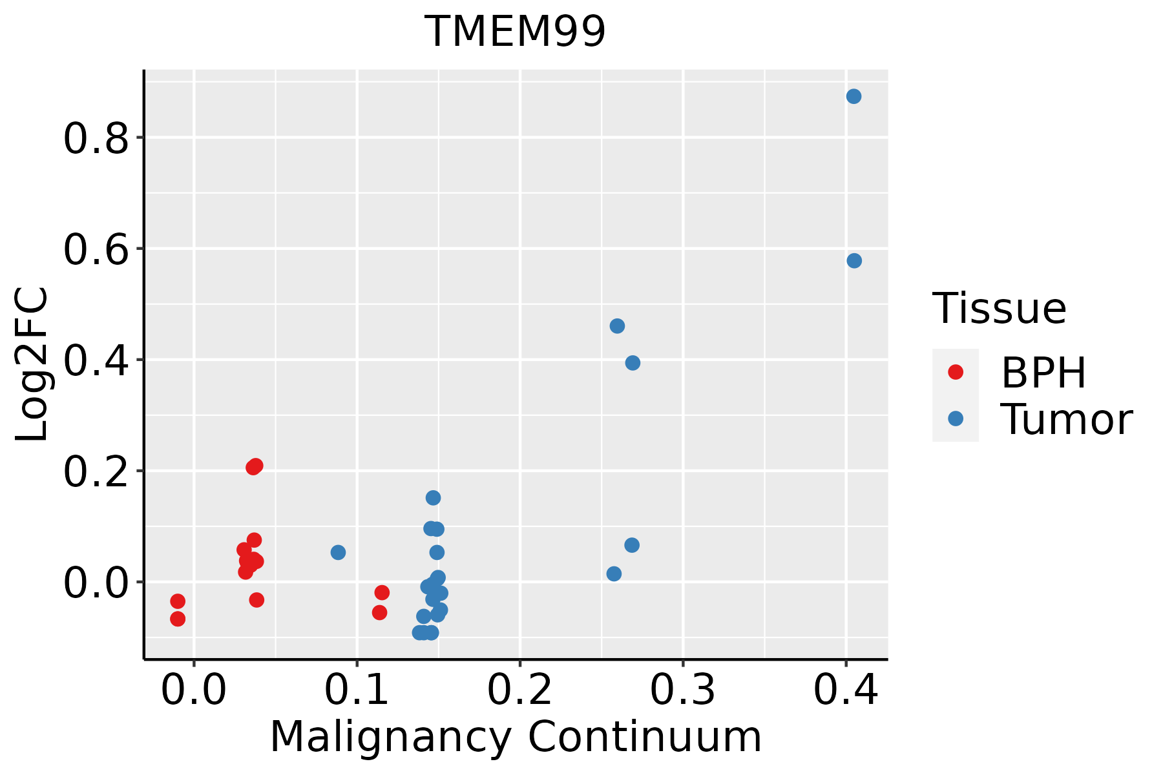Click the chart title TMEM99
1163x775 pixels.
516,31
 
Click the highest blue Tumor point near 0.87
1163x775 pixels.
854,96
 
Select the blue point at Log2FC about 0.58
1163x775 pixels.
854,261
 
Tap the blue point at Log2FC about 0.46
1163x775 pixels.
617,325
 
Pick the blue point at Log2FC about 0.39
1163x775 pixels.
633,363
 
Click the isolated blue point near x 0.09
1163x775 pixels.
338,552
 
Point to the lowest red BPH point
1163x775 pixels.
178,619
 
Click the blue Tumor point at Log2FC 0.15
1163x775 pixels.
433,498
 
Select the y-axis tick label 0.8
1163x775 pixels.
96,139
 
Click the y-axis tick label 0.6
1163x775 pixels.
96,251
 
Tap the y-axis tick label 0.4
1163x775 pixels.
96,362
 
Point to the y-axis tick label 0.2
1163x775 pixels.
96,473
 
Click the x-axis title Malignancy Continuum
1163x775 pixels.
516,737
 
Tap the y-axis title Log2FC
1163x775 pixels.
32,364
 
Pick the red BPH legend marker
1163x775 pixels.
955,372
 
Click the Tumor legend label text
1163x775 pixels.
1066,419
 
